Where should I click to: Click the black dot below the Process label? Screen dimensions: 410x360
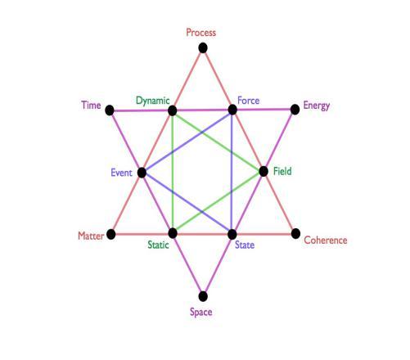point(203,48)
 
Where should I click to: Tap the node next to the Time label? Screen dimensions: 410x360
point(110,110)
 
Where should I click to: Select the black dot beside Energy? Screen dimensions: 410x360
point(295,110)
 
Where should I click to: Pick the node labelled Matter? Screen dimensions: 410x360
point(110,234)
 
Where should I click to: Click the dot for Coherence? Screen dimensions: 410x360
point(295,234)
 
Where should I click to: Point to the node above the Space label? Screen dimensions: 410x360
point(203,296)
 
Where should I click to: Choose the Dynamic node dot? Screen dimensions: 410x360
point(173,110)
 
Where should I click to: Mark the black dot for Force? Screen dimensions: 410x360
point(232,110)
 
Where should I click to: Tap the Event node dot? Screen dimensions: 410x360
point(142,173)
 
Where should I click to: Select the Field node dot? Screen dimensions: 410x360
point(264,172)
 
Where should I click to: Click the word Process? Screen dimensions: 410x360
point(201,33)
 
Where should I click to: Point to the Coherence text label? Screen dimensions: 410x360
point(326,241)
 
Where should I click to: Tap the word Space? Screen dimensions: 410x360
point(201,313)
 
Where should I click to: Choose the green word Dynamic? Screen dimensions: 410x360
point(153,101)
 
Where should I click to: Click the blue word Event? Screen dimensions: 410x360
point(121,173)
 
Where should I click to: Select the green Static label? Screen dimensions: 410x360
point(158,245)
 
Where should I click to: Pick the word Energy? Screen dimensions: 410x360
point(317,106)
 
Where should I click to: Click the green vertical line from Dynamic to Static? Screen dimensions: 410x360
point(173,173)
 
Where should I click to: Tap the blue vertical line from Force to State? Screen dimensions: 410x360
point(232,172)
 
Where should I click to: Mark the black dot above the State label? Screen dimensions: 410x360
point(232,234)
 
